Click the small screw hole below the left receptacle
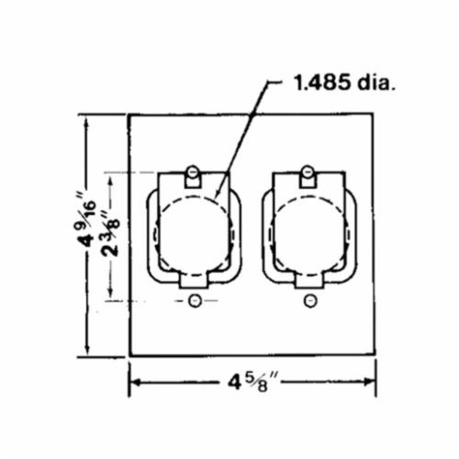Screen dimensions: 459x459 click(195, 301)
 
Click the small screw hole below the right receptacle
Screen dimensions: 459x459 click(310, 301)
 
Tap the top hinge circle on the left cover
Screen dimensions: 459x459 click(193, 172)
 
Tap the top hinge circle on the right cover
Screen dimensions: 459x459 click(308, 171)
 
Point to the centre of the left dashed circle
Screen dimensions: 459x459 click(193, 235)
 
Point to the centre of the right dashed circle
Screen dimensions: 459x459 click(308, 235)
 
